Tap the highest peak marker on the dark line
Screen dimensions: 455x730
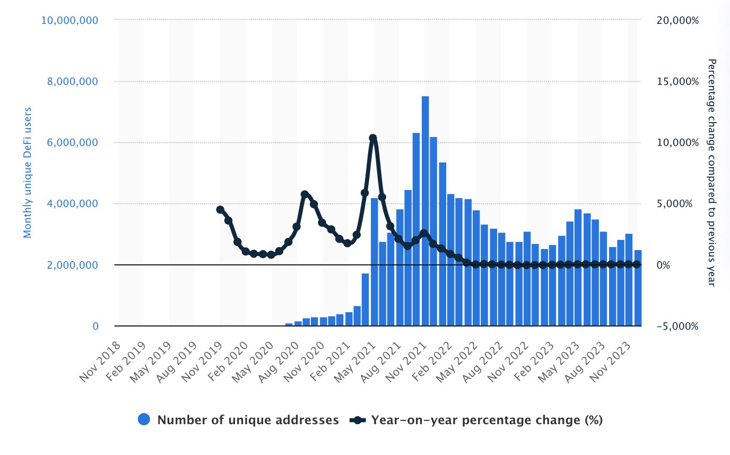pos(373,138)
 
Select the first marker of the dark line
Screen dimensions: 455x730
pos(220,210)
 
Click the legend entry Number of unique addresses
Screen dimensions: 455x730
pos(248,420)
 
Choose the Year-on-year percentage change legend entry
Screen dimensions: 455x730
pos(486,420)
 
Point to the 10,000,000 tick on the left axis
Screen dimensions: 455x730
pos(69,20)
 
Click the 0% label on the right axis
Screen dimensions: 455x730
pos(665,265)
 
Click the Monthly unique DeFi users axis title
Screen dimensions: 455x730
pos(28,173)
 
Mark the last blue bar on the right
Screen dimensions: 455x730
pos(638,288)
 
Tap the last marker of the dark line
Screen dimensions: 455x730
pos(637,264)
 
